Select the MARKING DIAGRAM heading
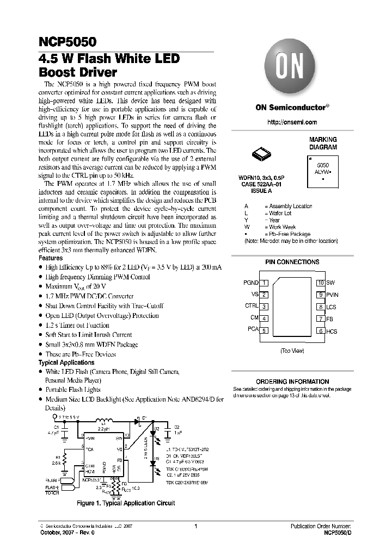pyautogui.click(x=323, y=143)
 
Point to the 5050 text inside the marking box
pyautogui.click(x=323, y=164)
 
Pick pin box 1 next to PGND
pyautogui.click(x=264, y=283)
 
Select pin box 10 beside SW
pyautogui.click(x=321, y=283)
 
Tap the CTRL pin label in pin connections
pyautogui.click(x=252, y=307)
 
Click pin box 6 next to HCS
pyautogui.click(x=321, y=330)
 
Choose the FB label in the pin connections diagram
pyautogui.click(x=330, y=319)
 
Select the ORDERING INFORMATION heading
pyautogui.click(x=292, y=382)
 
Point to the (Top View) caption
pyautogui.click(x=292, y=351)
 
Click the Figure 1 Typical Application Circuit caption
pyautogui.click(x=126, y=503)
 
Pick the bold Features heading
pyautogui.click(x=51, y=258)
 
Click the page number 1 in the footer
pyautogui.click(x=195, y=527)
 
